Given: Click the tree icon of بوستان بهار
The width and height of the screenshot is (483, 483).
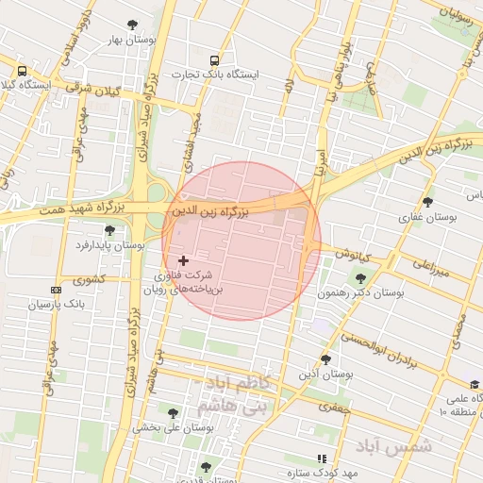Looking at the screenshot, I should [131, 25].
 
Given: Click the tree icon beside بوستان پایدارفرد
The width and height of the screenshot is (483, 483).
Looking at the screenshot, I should [110, 230].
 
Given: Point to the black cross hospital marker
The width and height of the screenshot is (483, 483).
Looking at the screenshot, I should [183, 259].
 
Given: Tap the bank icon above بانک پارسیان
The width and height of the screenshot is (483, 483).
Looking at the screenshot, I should [57, 290].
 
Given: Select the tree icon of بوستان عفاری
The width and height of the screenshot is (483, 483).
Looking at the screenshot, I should [427, 202].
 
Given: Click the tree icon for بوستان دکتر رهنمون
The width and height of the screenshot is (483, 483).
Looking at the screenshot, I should [360, 278].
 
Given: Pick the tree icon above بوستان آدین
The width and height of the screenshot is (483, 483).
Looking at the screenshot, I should [325, 359].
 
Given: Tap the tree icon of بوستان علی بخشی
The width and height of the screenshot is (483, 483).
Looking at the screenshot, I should [173, 412].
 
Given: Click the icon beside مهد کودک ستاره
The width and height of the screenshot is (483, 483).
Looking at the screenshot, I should [322, 458].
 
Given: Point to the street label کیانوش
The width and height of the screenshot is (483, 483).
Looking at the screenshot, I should [352, 256].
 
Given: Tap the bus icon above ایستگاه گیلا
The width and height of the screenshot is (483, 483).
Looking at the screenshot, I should [22, 71].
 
